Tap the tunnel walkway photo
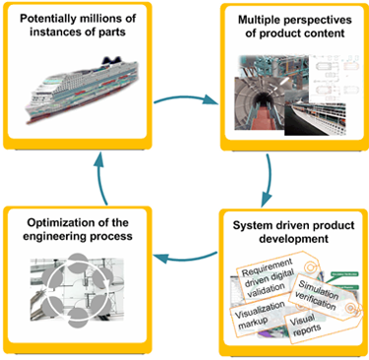(x=255, y=98)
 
